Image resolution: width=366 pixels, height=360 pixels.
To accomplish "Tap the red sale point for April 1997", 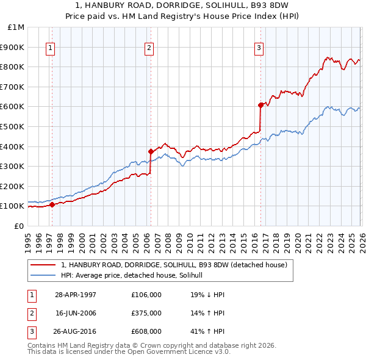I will [x=52, y=205].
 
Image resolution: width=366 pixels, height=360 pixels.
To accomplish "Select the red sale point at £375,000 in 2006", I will [x=150, y=151].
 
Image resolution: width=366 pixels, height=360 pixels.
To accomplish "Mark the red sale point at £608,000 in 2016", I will [x=260, y=105].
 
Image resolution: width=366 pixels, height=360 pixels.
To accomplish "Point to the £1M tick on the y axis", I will [x=17, y=27].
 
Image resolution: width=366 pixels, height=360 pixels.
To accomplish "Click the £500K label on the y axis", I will [x=13, y=127].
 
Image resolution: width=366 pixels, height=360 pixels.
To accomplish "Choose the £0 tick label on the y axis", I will [x=20, y=226].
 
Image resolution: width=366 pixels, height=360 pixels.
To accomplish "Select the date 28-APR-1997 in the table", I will [x=76, y=295].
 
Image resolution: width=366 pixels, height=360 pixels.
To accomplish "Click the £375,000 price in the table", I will [x=146, y=314].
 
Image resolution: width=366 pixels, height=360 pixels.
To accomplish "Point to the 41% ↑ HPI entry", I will [x=207, y=332].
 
